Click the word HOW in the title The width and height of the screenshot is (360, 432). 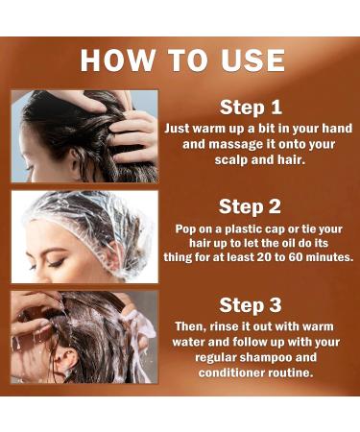point(117,60)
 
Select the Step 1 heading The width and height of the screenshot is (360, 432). point(251,108)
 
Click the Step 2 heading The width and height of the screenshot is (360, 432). point(250,206)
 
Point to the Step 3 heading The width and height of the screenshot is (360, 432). point(251,305)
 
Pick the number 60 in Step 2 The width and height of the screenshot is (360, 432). point(295,257)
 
